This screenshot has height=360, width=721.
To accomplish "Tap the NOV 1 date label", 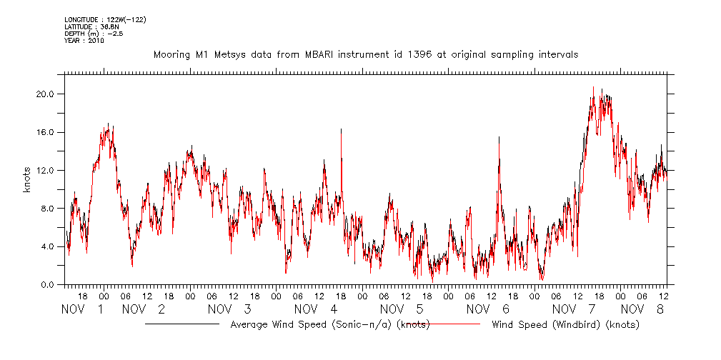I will pos(83,309).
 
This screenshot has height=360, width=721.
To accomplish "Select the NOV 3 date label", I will pos(229,309).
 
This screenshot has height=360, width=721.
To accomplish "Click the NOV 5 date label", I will pos(402,309).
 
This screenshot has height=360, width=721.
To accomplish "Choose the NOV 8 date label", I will pos(642,309).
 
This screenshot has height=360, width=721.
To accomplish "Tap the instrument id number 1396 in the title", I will pos(419,54).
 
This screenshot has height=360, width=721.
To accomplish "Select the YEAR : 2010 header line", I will pos(84,41).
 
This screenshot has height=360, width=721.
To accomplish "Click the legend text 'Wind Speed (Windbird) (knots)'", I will pos(565,325).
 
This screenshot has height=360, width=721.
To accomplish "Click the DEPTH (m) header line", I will pos(93,34).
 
